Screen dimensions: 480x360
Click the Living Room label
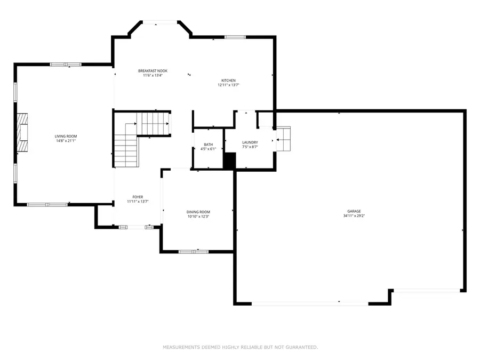coord(66,136)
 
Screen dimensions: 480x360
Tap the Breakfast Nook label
coord(153,71)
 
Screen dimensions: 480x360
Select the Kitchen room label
coord(228,81)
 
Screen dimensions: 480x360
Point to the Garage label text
coord(354,211)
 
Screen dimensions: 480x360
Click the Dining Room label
coord(198,212)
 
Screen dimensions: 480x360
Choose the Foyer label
coord(138,197)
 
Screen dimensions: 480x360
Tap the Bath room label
coord(209,145)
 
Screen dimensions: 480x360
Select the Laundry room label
coord(250,142)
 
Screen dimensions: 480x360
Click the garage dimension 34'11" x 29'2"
coord(354,216)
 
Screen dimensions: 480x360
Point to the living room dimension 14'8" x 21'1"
coord(66,141)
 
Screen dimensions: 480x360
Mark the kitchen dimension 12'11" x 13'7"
coord(228,85)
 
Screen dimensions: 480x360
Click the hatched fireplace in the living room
coord(22,132)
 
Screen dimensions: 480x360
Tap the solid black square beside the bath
coord(229,161)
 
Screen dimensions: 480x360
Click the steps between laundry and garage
coord(284,139)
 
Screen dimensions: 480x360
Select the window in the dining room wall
coord(194,252)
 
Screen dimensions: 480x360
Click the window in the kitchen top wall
coord(235,37)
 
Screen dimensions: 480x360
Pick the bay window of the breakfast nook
coord(160,22)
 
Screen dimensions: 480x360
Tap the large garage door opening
coord(310,303)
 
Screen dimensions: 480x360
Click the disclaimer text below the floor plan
coord(241,347)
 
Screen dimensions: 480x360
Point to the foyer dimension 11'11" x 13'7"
coord(138,202)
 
